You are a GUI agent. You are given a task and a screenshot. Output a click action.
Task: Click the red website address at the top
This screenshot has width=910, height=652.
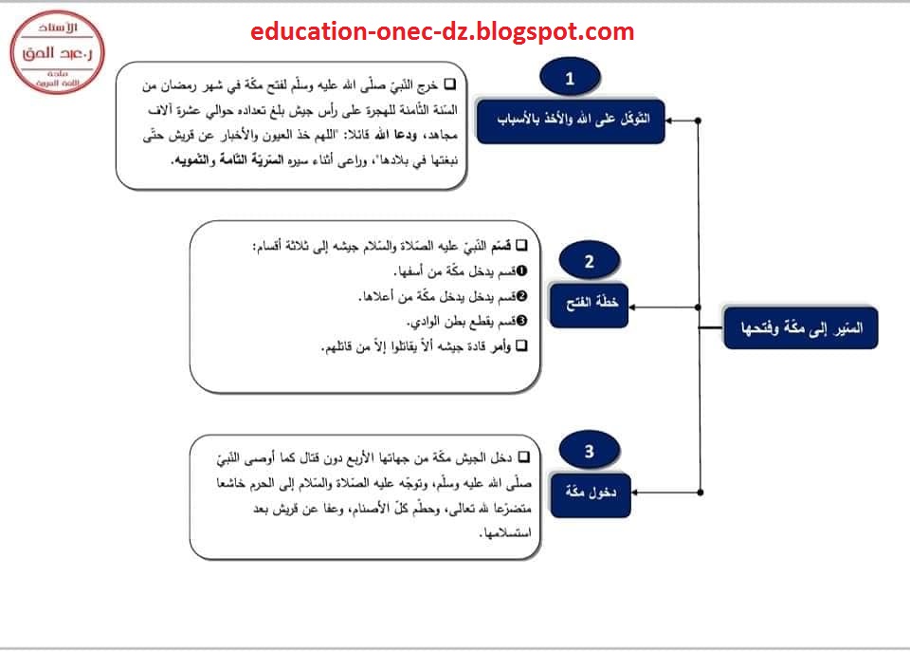point(443,31)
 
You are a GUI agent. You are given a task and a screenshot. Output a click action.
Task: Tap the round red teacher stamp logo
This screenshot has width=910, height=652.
point(58,52)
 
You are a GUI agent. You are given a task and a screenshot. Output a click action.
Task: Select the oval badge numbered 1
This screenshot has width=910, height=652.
point(570,78)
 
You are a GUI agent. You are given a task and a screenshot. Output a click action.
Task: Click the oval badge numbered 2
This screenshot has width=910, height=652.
point(589,261)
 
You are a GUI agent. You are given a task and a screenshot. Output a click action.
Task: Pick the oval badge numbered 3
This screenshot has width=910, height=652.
point(589,451)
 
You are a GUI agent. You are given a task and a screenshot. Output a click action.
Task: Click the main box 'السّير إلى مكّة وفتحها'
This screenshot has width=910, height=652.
point(801,328)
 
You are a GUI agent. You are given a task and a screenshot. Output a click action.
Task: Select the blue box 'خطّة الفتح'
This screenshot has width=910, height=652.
point(589,305)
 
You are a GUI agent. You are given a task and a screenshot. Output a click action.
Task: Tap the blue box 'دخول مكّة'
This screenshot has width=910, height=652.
point(591,494)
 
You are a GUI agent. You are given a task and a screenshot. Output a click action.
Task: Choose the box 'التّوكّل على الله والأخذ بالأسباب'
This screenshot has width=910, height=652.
point(571,121)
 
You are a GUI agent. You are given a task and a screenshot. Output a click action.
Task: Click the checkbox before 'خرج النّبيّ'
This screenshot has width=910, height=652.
point(449,84)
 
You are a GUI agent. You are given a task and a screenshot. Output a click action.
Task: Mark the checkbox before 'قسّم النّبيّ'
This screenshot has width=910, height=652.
point(521,245)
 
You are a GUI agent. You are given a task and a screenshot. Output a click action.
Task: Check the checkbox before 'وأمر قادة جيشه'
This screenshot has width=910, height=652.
point(521,345)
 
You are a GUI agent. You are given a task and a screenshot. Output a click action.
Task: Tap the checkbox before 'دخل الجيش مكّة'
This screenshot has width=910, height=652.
point(524,457)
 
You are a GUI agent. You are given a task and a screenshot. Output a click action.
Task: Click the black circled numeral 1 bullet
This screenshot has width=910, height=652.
point(521,270)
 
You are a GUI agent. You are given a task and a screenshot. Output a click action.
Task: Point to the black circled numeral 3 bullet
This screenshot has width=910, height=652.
point(521,320)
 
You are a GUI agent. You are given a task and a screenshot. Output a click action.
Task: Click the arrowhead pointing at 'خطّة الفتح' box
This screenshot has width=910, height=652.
point(632,307)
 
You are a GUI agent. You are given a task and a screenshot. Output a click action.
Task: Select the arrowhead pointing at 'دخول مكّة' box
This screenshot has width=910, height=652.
point(635,493)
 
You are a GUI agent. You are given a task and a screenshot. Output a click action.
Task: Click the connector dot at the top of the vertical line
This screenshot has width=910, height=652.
point(699,121)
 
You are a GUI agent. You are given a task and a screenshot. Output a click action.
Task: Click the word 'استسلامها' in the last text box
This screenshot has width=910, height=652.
point(506,532)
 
